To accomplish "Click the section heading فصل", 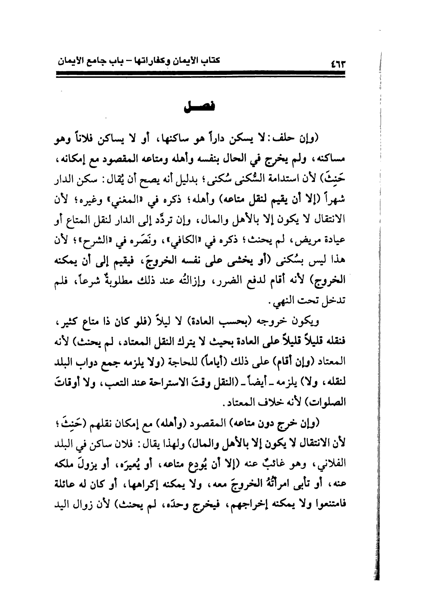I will (200, 107).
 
